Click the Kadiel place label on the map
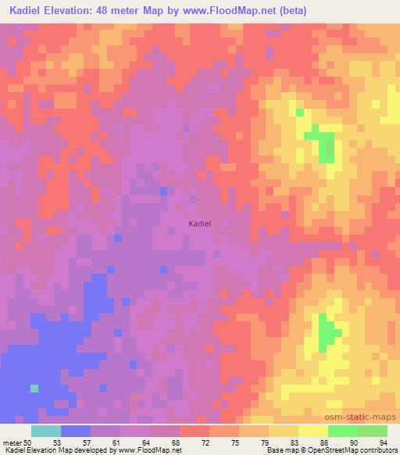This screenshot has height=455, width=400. tap(199, 224)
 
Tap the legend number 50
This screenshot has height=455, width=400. tap(28, 442)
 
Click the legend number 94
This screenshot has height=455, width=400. tap(383, 442)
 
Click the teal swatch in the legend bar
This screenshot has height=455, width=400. tap(46, 431)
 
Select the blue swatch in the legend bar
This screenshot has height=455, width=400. tap(76, 431)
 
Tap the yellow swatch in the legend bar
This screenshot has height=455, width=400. tap(313, 431)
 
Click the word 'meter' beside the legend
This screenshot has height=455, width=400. tap(12, 442)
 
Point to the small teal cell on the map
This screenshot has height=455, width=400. tap(34, 387)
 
